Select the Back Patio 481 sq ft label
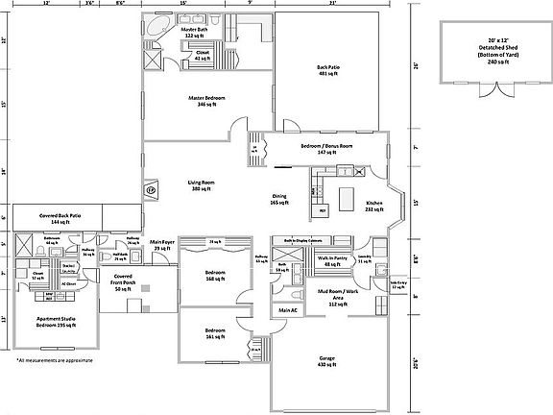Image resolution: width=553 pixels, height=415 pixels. (328, 70)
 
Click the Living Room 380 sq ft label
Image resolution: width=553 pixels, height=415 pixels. (201, 185)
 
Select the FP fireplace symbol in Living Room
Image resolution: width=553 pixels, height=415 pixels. (152, 190)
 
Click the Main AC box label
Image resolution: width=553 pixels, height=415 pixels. (287, 310)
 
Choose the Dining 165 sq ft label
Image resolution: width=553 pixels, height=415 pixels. (278, 201)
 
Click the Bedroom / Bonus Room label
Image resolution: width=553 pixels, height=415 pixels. (327, 147)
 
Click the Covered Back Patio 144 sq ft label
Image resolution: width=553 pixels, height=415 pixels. (60, 218)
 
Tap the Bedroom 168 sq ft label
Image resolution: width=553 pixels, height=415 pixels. (216, 276)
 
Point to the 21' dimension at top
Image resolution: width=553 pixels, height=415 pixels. (333, 4)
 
